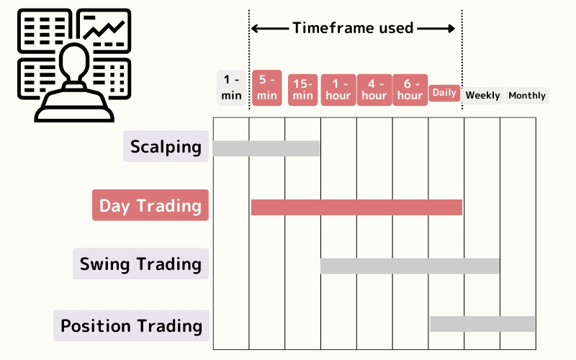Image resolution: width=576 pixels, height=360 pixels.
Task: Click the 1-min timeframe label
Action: point(232,89)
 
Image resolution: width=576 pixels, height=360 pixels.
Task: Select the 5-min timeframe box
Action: point(267,89)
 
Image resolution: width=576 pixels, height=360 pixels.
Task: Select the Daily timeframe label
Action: point(445,93)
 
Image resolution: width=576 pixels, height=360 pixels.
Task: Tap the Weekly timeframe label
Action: point(482,95)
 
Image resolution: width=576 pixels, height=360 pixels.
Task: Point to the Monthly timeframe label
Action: point(527,95)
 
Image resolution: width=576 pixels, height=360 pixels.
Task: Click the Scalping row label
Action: point(166,147)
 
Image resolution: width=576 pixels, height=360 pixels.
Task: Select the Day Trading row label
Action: point(150,205)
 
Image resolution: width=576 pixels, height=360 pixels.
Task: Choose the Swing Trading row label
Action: point(140,264)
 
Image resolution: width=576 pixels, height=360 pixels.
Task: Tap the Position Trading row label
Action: point(131,325)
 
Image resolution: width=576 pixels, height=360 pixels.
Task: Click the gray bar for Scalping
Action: point(266,148)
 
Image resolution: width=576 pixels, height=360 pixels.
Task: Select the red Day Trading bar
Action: point(356,207)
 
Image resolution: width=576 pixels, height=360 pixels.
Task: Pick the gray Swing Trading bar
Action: point(410,266)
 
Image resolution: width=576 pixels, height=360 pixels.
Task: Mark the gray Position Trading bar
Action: point(482,324)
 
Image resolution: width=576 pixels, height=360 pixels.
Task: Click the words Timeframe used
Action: point(353,28)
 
